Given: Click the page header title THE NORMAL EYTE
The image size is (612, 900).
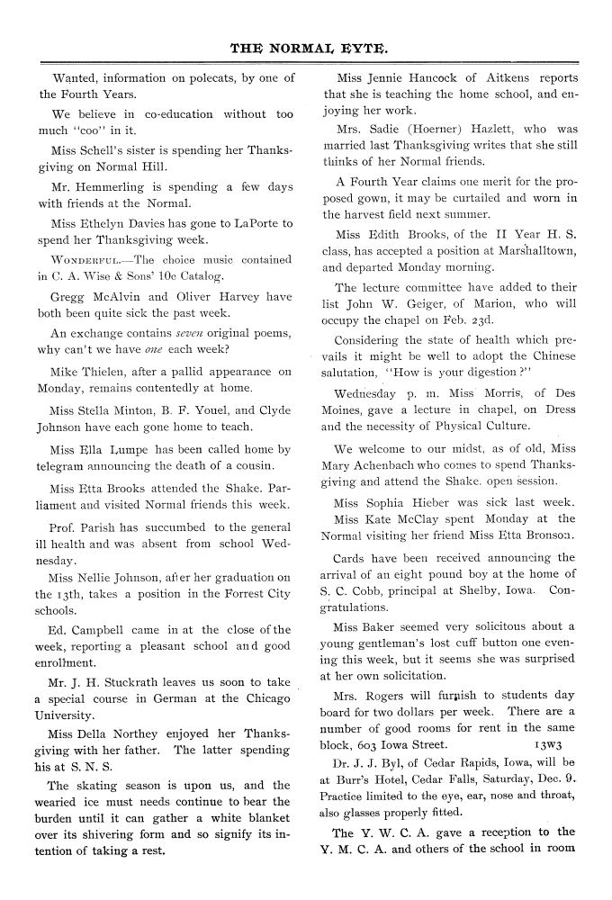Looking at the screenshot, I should coord(306,43).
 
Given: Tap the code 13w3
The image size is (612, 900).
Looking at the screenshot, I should coord(549,744).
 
